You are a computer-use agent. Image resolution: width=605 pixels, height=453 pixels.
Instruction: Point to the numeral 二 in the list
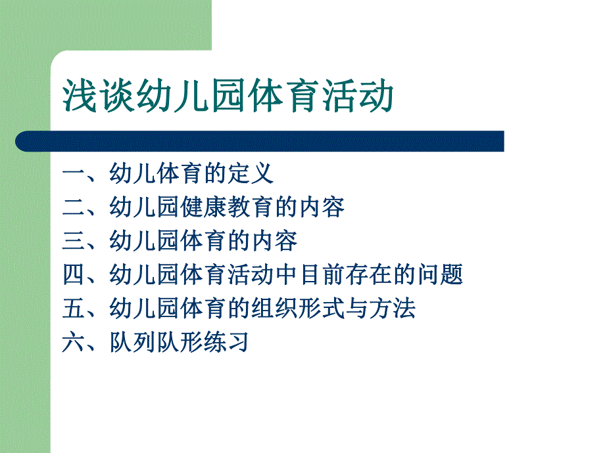[x=74, y=207]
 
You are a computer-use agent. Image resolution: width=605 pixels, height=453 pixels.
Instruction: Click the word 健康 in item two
[x=203, y=207]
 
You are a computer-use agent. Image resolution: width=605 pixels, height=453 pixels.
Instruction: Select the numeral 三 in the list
[x=74, y=241]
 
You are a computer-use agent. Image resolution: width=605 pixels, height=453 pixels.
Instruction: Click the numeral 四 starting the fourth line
[x=74, y=274]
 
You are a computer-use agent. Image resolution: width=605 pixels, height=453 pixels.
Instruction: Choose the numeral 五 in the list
[x=74, y=308]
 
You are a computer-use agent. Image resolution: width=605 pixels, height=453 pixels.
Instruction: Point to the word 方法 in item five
[x=393, y=308]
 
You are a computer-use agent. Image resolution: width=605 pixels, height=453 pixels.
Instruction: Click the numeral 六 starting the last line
[x=74, y=342]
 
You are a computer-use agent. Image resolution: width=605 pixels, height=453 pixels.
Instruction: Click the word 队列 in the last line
[x=132, y=342]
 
